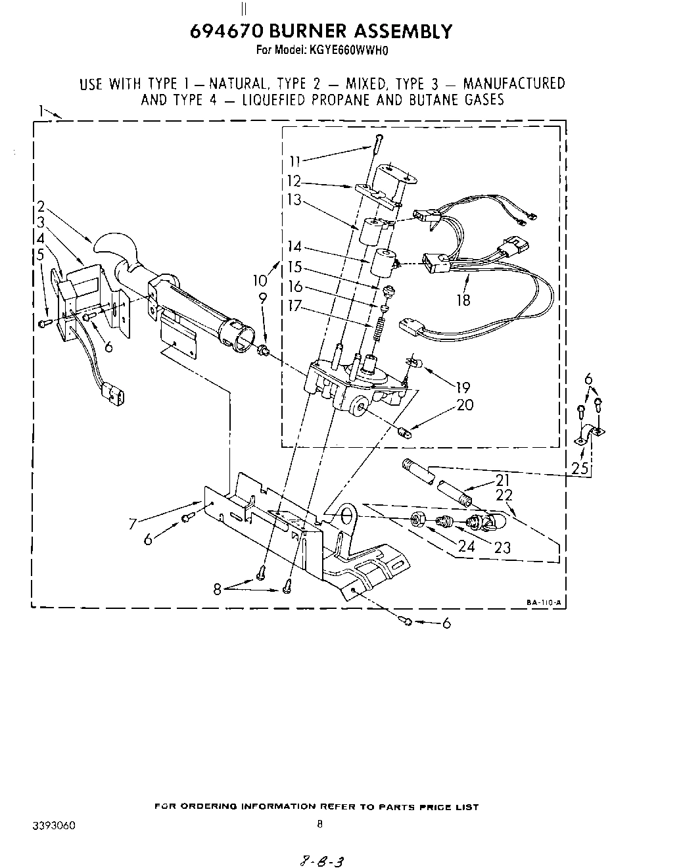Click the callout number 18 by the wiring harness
tap(464, 300)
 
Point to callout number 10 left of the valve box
tap(260, 280)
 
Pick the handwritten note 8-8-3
tap(323, 861)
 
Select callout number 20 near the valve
tap(464, 405)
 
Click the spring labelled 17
tap(379, 327)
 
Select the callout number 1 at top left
tap(41, 110)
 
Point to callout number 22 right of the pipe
tap(504, 495)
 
